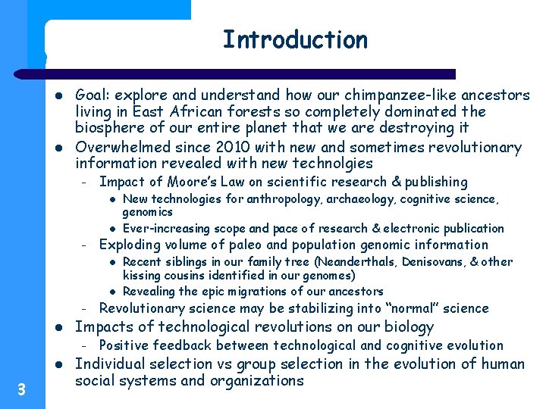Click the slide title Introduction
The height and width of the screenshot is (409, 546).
click(x=295, y=39)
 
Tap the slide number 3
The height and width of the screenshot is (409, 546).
click(x=21, y=390)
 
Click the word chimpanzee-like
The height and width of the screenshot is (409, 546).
click(x=391, y=95)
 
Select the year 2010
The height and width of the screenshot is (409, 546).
click(x=213, y=147)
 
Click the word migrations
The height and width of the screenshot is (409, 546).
click(x=256, y=292)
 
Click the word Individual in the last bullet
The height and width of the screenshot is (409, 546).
click(x=113, y=364)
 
